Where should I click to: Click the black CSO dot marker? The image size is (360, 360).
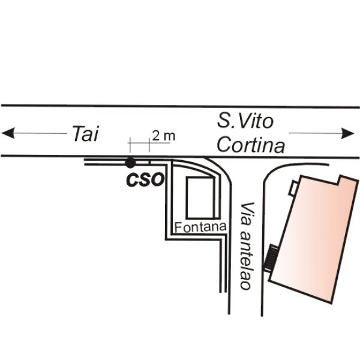130,163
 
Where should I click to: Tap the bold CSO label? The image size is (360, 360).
145,179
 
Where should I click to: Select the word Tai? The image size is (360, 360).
86,133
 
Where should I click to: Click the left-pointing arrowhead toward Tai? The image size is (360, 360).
8,133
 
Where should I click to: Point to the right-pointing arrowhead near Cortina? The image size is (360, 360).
347,133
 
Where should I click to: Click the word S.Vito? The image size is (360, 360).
245,121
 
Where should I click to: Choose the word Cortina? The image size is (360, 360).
251,145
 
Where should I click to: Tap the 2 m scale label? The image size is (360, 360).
163,136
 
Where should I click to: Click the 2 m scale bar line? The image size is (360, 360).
149,143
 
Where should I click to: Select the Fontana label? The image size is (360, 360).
200,227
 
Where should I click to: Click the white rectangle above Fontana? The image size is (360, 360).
201,197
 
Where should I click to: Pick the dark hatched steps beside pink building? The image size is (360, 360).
271,258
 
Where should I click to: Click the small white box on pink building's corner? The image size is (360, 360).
293,188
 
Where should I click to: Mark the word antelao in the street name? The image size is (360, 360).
246,260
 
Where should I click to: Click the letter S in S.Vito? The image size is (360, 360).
223,121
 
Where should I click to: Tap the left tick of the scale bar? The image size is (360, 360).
130,145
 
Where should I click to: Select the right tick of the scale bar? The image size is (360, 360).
149,145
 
